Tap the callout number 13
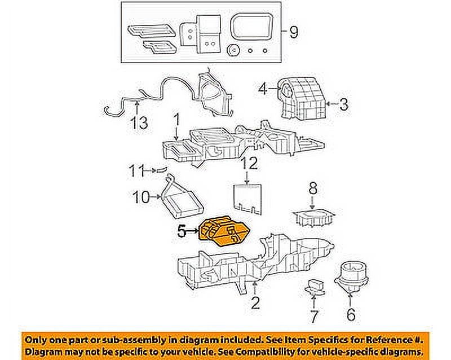tap(139, 122)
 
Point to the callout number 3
tap(344, 104)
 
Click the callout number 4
tap(262, 88)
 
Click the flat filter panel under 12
tap(249, 197)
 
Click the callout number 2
tap(255, 304)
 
